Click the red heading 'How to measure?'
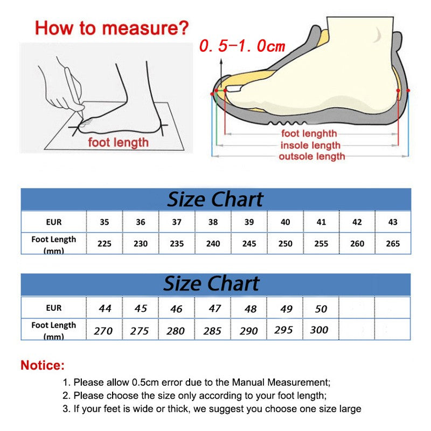(x=112, y=27)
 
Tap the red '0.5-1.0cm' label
(x=242, y=46)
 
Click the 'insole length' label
(x=310, y=145)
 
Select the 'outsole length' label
(x=311, y=157)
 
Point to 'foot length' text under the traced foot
(x=118, y=143)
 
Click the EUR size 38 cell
(x=213, y=221)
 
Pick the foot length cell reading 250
(x=285, y=244)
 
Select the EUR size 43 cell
(x=393, y=221)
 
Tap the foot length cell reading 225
(x=105, y=244)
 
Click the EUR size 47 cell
(x=214, y=308)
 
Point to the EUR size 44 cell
(x=105, y=308)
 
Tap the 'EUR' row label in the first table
(x=54, y=221)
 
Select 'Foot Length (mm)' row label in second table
(x=54, y=330)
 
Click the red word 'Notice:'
(x=43, y=365)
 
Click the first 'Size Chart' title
(x=215, y=199)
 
